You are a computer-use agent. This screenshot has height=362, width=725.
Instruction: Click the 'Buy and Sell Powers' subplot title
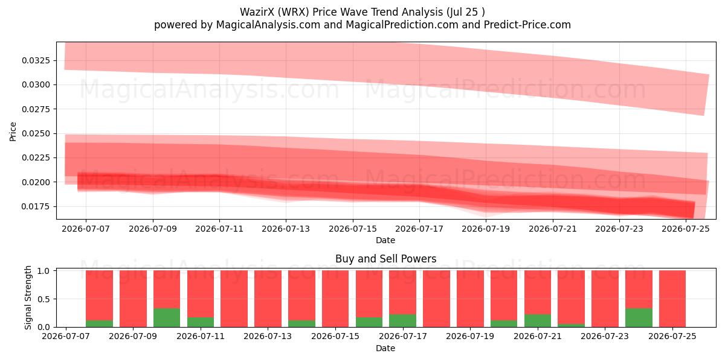point(386,259)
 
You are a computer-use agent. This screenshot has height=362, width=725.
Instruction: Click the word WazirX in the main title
point(256,12)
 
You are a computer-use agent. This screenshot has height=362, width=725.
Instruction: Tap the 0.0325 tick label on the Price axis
point(36,60)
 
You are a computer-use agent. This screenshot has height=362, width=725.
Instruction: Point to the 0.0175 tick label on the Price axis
point(36,206)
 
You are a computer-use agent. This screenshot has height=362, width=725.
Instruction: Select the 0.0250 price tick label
point(36,133)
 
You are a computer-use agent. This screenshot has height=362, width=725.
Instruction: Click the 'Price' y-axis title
point(13,132)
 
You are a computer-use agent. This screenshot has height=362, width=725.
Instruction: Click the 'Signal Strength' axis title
point(28,297)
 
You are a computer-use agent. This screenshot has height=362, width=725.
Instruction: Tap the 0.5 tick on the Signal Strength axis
point(43,299)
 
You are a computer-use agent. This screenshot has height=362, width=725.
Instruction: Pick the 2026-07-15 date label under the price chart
point(353,229)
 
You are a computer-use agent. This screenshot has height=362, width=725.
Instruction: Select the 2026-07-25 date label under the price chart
point(686,229)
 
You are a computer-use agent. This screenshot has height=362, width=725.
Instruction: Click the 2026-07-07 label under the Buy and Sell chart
point(66,336)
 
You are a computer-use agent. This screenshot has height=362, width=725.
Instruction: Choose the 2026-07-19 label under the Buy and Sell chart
point(470,336)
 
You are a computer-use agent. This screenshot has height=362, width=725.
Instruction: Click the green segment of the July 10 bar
point(167,318)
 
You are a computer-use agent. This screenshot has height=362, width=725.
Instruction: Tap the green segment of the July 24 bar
point(639,318)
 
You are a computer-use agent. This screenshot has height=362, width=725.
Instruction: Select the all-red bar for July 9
point(133,299)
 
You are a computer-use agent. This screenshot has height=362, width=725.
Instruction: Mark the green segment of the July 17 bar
point(402,320)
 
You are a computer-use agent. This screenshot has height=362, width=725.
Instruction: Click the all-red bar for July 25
point(672,299)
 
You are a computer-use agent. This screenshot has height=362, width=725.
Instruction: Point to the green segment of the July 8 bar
point(99,323)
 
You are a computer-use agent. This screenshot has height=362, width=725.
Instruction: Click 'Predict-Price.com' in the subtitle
point(527,25)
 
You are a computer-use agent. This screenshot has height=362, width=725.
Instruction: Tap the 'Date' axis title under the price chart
point(385,240)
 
